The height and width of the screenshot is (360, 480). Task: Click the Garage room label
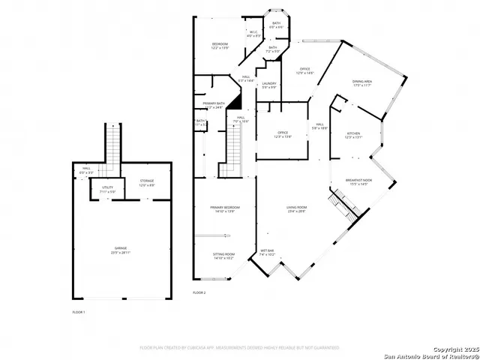pos(121,251)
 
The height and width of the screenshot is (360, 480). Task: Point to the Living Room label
pos(296,209)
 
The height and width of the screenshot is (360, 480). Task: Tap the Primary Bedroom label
pos(224,209)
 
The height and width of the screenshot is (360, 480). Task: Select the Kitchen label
pos(352,135)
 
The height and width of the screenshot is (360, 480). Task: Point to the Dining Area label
pos(364,83)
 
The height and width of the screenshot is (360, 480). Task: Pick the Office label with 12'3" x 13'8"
pos(283,134)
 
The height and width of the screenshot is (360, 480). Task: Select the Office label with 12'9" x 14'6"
pos(304,70)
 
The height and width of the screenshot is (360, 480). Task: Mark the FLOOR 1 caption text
pos(79,311)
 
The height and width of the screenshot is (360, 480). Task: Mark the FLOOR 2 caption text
pos(199,292)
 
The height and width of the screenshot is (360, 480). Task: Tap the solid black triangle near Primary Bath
pos(235,102)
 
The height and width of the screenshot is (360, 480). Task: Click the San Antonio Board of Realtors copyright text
pos(427,352)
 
